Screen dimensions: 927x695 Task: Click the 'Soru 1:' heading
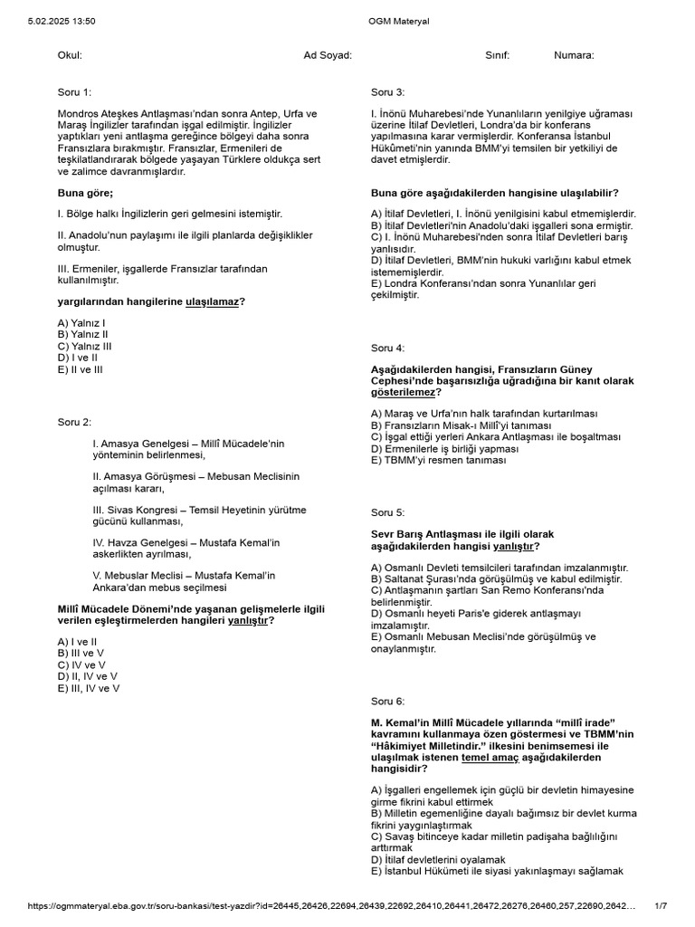tap(74, 92)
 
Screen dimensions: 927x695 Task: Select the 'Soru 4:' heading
tap(388, 348)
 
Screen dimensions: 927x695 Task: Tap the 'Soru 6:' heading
tap(388, 701)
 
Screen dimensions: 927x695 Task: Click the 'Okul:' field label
tap(70, 55)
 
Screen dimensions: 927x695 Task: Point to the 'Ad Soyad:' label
tap(328, 55)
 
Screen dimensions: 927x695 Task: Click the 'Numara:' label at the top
tap(574, 55)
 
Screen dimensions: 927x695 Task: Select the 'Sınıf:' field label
tap(497, 55)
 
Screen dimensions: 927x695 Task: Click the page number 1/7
tap(661, 905)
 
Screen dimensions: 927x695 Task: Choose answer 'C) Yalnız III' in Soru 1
tap(85, 346)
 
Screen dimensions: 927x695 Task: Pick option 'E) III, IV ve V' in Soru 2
tap(89, 688)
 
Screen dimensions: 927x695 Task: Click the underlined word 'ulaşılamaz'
tap(212, 301)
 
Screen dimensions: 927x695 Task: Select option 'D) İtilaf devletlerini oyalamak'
tap(438, 859)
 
